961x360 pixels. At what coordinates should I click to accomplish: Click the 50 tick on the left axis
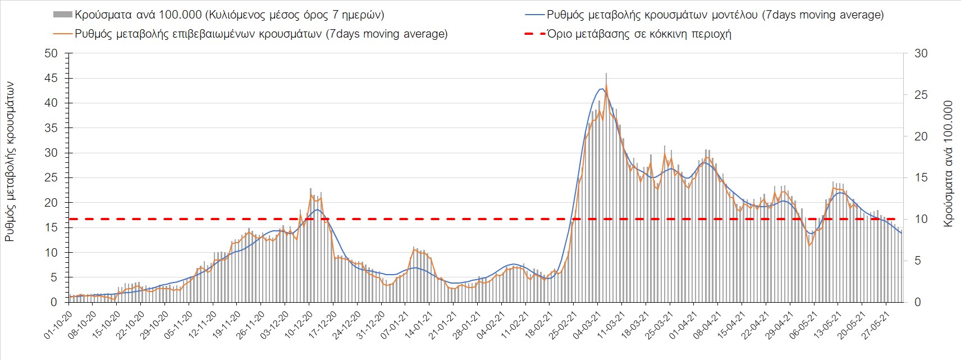click(52, 53)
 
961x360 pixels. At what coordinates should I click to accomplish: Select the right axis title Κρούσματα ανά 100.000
click(949, 163)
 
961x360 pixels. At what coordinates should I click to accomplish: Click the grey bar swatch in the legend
click(62, 15)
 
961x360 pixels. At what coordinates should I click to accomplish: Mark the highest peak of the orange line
click(606, 85)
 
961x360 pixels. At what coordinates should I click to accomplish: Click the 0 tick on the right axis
click(914, 302)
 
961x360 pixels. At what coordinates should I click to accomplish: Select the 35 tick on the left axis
click(52, 128)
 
